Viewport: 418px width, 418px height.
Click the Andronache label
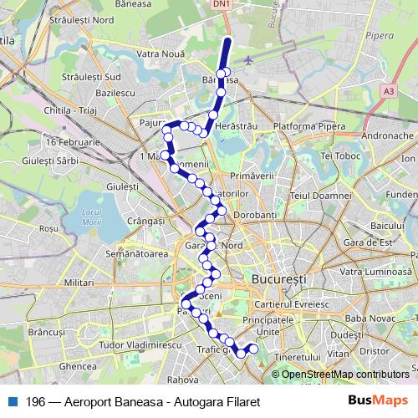coord(389,135)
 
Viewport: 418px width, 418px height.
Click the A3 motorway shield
coord(389,89)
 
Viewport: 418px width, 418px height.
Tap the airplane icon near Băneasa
coord(251,60)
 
